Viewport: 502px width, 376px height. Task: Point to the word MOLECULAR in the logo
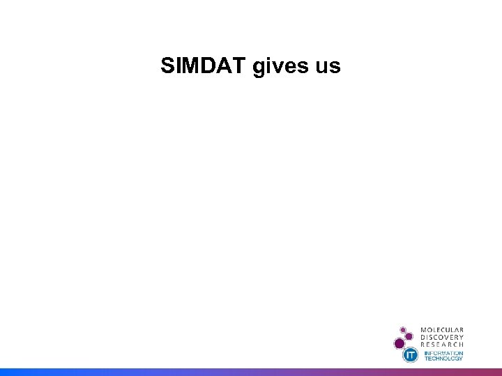click(442, 330)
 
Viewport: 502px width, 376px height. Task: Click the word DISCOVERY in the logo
click(442, 337)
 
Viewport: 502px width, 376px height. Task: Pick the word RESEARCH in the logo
click(442, 345)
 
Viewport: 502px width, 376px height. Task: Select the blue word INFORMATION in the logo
click(443, 353)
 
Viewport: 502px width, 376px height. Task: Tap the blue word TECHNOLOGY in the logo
click(443, 359)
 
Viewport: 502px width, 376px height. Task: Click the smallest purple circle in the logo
click(402, 329)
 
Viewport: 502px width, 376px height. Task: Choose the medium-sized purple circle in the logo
click(409, 336)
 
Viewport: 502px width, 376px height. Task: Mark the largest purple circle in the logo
click(400, 343)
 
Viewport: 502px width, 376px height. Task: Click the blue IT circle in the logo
click(411, 355)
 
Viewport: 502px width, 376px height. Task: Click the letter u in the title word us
click(321, 68)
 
